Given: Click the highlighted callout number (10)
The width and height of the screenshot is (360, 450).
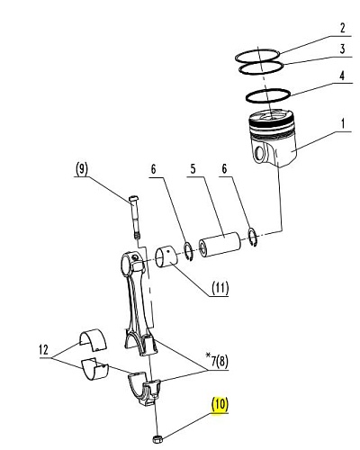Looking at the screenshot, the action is coord(220,404).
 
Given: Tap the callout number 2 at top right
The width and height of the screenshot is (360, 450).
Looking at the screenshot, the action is coord(343,28).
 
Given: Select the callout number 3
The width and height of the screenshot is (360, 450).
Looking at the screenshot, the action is coord(343,49).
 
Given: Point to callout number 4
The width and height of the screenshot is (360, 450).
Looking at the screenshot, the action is coord(342,76).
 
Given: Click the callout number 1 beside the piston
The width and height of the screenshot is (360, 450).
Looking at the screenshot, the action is coord(343,123).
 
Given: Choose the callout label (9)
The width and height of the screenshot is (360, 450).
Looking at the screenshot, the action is coord(82,169).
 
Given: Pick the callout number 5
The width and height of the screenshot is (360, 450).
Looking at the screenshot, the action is coord(193,169).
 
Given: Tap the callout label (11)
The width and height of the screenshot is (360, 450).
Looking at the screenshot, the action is coord(220,288).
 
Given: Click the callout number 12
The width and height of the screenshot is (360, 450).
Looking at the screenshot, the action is coord(44,350).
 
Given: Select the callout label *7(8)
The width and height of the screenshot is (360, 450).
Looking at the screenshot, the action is coord(217,361).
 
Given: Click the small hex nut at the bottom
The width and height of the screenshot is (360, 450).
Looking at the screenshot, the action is coord(157,439).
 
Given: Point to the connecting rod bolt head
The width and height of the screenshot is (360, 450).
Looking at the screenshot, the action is coord(133,199).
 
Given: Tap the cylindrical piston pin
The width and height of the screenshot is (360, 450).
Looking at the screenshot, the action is coord(220,244).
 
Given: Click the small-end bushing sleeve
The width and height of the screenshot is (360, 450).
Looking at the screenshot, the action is coord(166,256).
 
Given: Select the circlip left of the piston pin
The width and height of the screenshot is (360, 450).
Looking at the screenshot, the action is coord(188,252).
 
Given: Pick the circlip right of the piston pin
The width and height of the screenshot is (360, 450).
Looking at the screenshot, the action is coord(253,238).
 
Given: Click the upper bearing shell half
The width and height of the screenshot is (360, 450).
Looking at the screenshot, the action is coord(93,340).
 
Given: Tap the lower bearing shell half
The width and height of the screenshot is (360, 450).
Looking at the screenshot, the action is coord(94,369).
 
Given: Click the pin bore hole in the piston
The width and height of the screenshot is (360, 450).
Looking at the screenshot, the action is coord(258,154).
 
